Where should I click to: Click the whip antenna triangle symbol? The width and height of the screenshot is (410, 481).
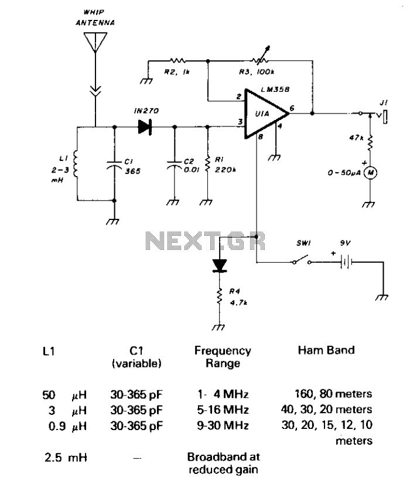coord(95,42)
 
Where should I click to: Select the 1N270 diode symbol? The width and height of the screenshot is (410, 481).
coord(145,127)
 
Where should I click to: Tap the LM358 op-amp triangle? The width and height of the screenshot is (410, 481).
coord(266,114)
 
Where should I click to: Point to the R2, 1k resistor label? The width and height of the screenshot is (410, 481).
coord(177,72)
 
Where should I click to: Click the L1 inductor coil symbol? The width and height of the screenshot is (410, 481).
coord(75,164)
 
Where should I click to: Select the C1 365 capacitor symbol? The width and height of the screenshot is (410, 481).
coord(114,165)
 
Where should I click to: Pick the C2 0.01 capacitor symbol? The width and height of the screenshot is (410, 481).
coord(175,165)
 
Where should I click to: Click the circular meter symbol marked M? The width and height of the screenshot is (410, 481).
coord(370,173)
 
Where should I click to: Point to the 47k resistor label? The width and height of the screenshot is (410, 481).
coord(356,138)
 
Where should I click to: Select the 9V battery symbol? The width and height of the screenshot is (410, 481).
coord(346,262)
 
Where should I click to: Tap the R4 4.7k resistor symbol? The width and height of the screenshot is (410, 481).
coord(219,296)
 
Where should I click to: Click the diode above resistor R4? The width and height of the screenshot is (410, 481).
coord(220,266)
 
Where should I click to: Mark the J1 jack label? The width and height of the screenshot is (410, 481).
coord(384,103)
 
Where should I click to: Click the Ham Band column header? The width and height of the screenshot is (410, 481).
coord(326,350)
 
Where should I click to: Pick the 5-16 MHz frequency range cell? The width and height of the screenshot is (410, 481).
coord(223,410)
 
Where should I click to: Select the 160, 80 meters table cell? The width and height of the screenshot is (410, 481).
coord(333,394)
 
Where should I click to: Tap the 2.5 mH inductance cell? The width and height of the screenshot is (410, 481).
coord(66,458)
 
